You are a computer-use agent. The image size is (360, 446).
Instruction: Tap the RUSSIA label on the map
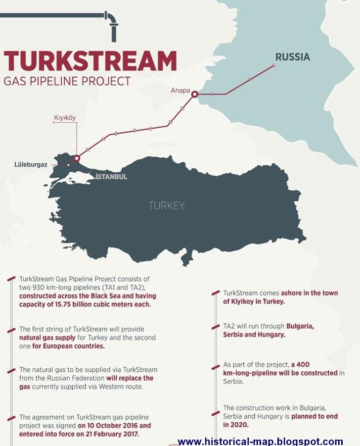tap(293, 57)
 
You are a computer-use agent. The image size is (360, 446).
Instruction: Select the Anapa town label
tap(180, 91)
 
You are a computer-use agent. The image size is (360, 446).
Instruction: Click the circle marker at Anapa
tap(195, 94)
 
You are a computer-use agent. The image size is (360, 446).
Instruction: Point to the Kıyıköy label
tap(64, 118)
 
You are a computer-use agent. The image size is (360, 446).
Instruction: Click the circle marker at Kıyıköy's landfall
tap(76, 158)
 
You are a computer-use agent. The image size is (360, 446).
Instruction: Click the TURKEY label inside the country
tap(167, 205)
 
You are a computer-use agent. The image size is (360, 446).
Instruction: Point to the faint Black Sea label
tap(163, 145)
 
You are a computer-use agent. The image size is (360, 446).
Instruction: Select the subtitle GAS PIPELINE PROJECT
tap(67, 81)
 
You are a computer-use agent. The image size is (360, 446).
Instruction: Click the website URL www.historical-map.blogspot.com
tap(260, 441)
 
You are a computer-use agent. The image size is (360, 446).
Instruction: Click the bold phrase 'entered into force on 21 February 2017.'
tap(79, 433)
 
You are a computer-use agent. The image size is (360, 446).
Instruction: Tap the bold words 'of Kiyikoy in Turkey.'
tap(254, 301)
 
